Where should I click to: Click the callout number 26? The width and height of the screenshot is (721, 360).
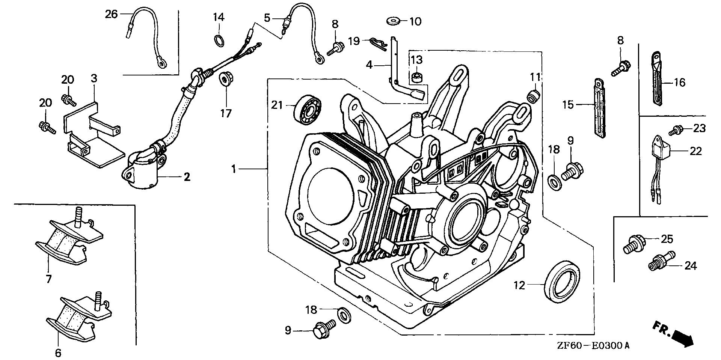coord(111,14)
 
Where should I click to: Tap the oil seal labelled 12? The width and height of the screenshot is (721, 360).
coord(562,281)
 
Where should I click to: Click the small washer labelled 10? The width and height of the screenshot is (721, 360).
coord(393,20)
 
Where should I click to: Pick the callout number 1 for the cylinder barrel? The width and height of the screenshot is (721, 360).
coord(234,169)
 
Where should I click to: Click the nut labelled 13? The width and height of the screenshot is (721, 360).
coord(416,78)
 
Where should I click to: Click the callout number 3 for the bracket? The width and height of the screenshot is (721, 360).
coord(94,78)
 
